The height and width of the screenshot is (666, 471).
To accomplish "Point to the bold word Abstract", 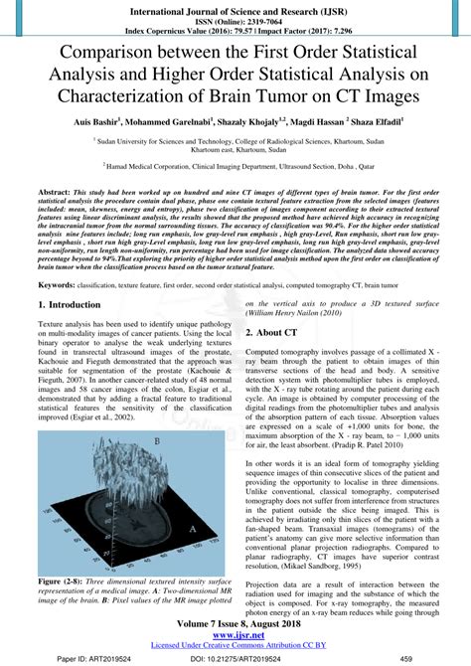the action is [56, 190].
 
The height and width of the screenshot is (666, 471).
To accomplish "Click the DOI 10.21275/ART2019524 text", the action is [235, 657].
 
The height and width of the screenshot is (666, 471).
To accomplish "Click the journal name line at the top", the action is [235, 7].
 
